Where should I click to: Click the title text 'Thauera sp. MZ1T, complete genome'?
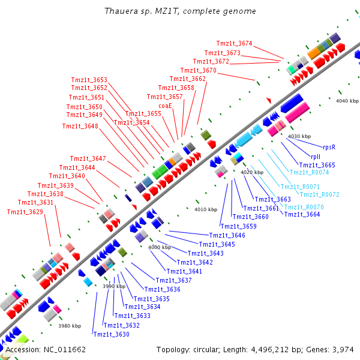pos(180,11)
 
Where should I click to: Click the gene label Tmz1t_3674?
pos(234,43)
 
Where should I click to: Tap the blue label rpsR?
pos(329,146)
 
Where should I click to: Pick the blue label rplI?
pos(316,156)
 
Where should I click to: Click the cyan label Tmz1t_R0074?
pos(309,172)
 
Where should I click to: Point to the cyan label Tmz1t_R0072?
pos(319,194)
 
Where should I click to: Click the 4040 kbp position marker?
pos(347,101)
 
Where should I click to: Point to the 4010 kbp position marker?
pos(205,209)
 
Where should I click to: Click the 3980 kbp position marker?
pos(69,326)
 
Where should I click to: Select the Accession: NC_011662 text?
pos(46,349)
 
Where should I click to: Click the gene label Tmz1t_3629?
pos(25,212)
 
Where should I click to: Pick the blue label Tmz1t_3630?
pos(111,334)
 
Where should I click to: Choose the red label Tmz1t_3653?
pos(89,80)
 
